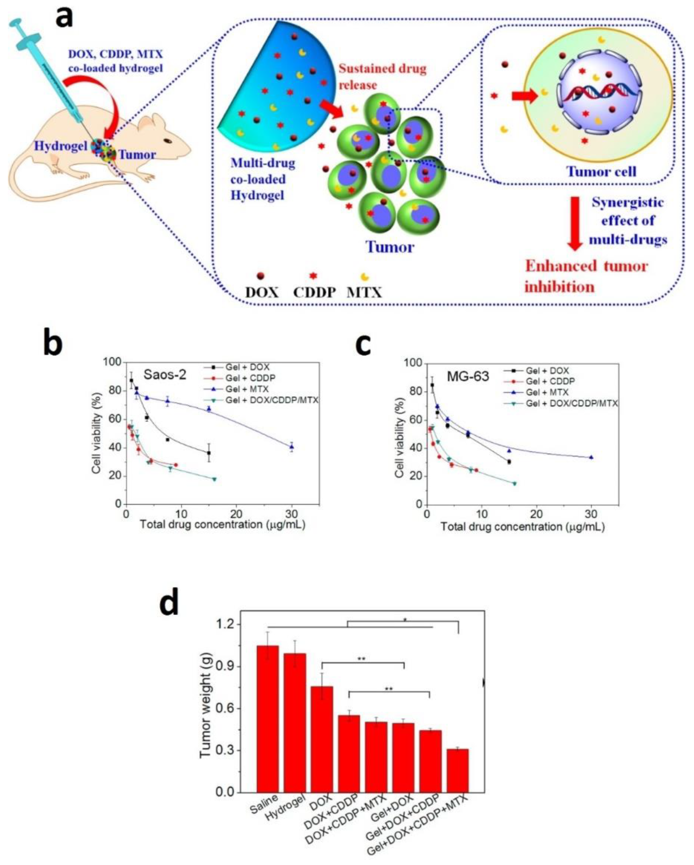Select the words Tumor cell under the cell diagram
click(x=601, y=172)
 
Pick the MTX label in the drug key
click(x=364, y=293)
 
